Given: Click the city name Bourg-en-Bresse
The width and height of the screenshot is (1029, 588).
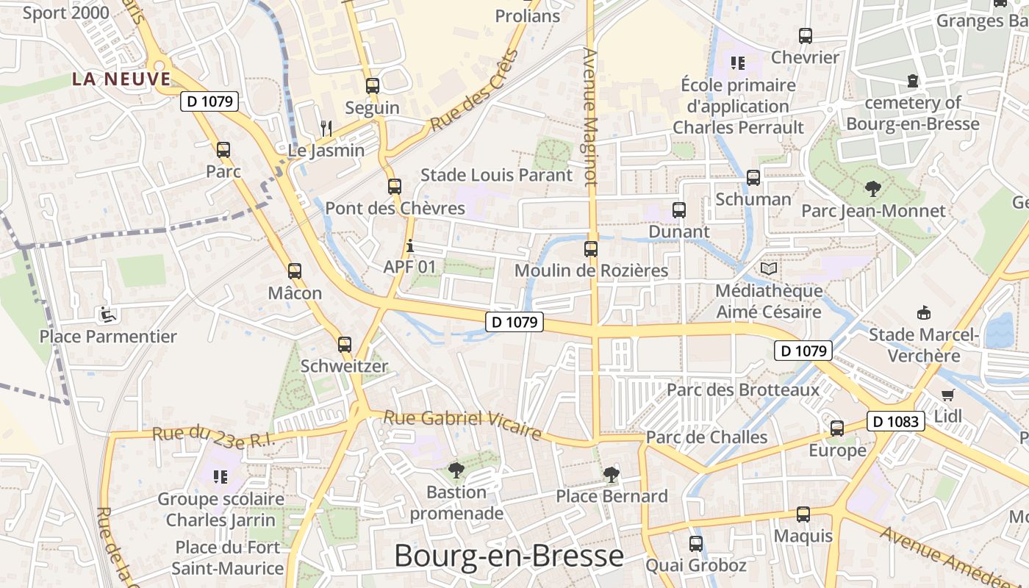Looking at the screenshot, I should (509, 556).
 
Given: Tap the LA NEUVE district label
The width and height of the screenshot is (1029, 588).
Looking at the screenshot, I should (121, 79).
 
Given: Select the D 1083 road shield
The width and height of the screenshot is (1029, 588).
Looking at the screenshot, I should (895, 421).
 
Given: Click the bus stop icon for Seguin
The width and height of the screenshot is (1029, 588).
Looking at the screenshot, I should (373, 86).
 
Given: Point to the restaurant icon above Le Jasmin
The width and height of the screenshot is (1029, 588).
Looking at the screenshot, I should (326, 129).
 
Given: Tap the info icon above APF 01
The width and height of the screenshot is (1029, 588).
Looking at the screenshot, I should (410, 245).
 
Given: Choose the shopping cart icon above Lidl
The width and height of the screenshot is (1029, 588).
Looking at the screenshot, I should (948, 395).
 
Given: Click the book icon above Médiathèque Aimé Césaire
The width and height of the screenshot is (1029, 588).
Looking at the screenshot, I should (769, 269).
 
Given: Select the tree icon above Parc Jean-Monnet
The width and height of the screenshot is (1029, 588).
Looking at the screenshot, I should (873, 189).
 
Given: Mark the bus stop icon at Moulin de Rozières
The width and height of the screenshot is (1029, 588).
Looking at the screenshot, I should (591, 248).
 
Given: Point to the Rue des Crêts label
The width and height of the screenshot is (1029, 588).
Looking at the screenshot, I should (474, 91).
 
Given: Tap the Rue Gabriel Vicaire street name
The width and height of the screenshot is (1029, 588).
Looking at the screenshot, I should (462, 424).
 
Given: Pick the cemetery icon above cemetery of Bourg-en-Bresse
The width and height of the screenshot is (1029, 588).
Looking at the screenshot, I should (913, 81).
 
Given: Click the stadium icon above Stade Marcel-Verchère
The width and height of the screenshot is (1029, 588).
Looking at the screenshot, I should (924, 313).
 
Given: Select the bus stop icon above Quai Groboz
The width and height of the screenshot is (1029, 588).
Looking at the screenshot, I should (695, 544).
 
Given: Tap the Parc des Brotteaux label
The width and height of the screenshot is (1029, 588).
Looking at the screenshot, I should (742, 390).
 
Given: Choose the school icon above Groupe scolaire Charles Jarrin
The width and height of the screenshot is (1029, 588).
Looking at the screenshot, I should (220, 477).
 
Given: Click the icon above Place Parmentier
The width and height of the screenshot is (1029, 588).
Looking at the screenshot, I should (108, 315).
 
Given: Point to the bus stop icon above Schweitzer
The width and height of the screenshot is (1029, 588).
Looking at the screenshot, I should (344, 344).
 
